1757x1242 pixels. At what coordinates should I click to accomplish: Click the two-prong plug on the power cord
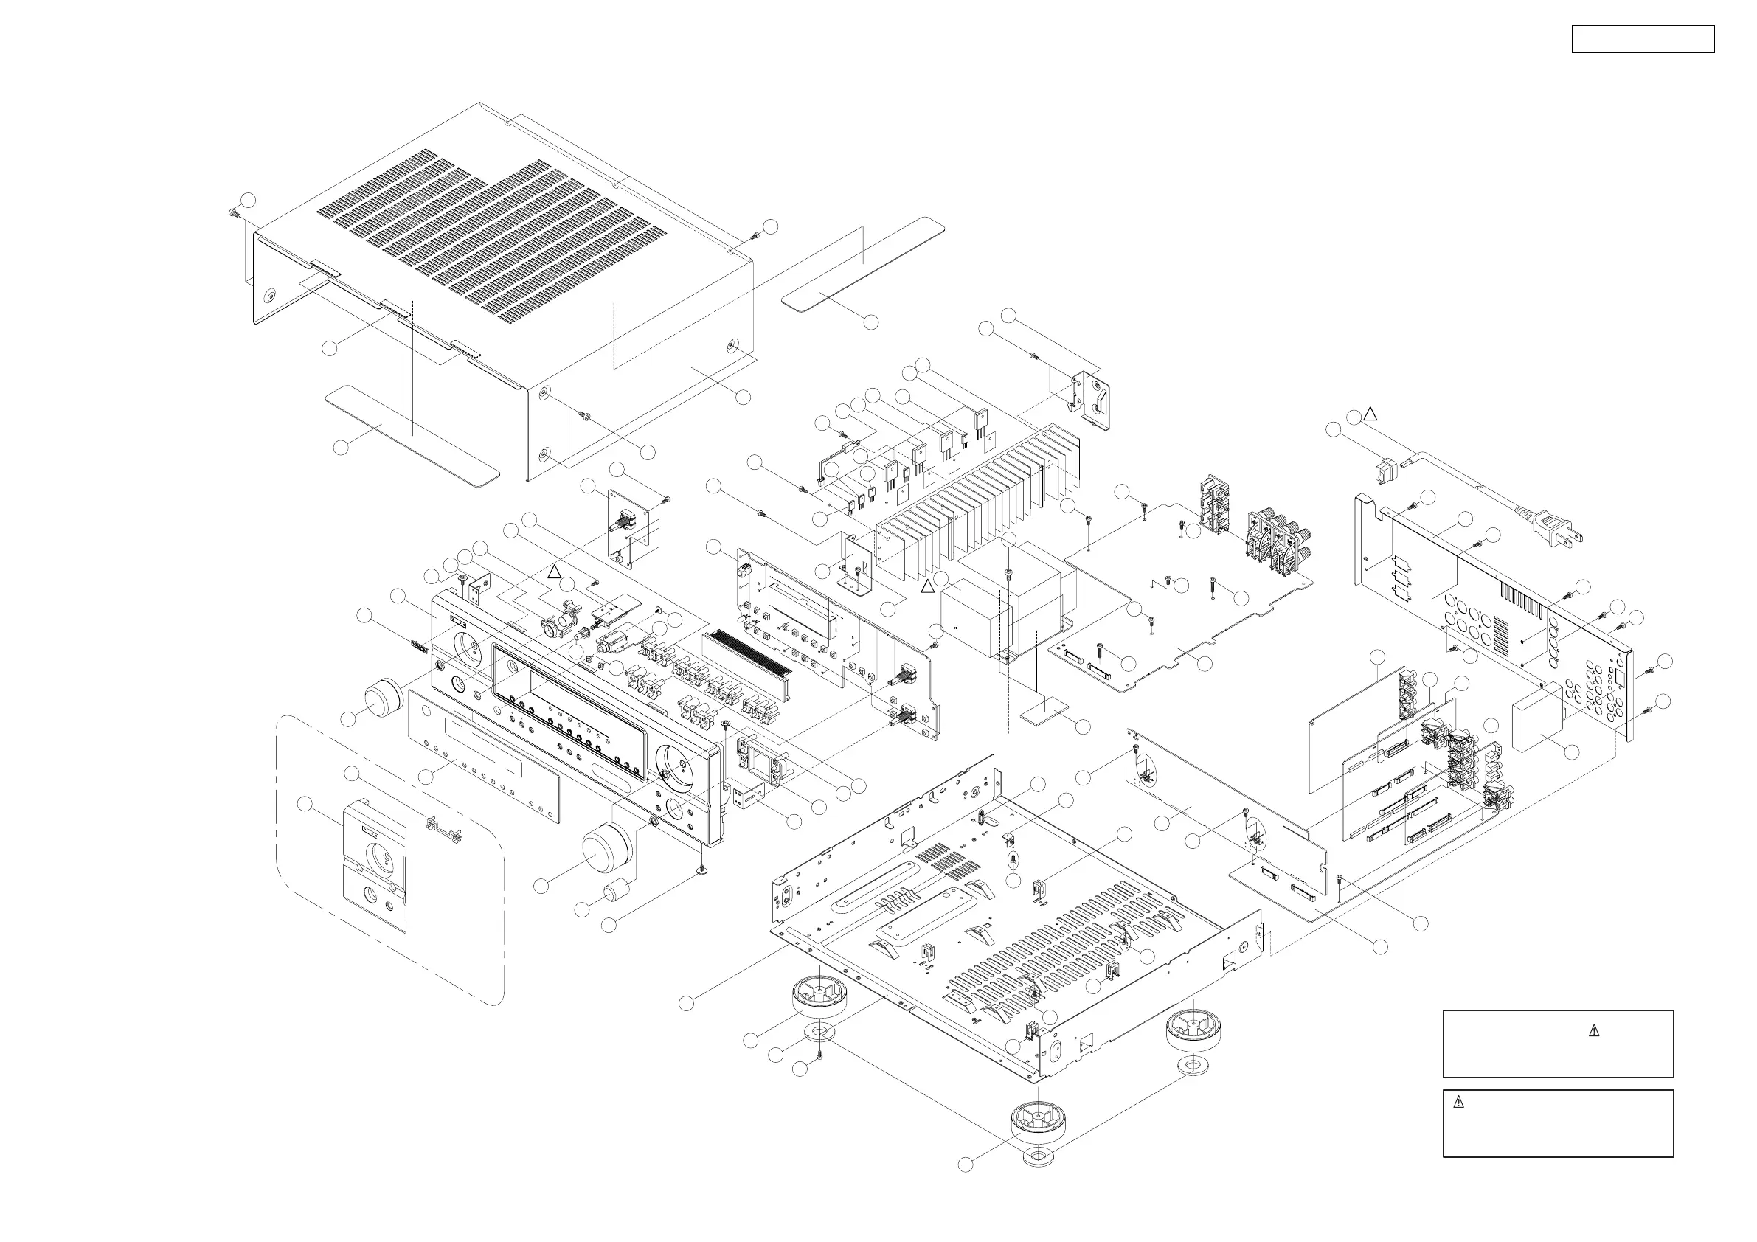1559,530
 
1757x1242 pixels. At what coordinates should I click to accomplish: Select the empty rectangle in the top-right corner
1642,39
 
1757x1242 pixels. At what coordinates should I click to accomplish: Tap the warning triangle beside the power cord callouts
1370,414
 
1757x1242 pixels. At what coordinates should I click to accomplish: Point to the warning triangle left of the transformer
926,587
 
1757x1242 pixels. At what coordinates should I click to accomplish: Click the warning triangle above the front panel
555,572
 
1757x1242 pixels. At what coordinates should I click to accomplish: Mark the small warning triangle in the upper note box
1593,1031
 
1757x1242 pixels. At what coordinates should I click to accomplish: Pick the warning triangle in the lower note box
1458,1103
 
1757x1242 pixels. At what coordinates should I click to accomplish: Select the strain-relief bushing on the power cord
1383,471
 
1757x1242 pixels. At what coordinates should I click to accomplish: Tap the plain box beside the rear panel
1537,720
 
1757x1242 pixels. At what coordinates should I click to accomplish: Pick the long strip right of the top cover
862,263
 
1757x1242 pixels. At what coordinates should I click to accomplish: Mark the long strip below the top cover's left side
412,436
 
